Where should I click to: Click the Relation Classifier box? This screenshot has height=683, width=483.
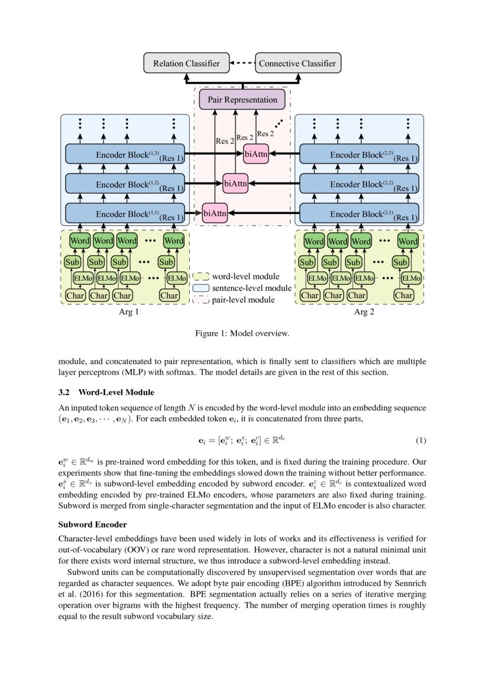pos(186,63)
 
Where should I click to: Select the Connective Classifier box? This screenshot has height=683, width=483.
pos(297,63)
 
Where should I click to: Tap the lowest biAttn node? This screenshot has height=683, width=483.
pos(215,213)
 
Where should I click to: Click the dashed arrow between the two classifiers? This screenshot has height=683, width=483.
pos(242,63)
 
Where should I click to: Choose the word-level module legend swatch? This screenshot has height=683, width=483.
pos(201,276)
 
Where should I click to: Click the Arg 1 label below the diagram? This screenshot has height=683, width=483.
pos(128,313)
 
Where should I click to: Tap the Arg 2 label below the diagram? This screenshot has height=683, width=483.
pos(363,313)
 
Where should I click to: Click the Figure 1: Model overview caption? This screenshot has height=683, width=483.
pos(242,334)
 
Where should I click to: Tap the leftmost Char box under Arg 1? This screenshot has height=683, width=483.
pos(75,296)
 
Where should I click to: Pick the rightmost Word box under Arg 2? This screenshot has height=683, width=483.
pos(408,241)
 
